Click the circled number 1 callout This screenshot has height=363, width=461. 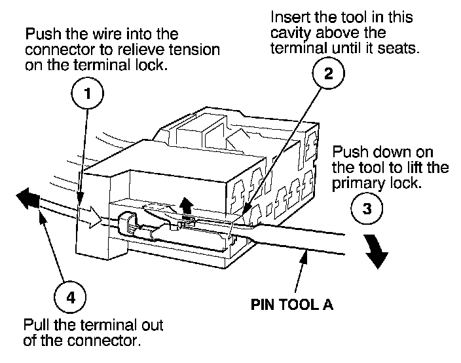87,94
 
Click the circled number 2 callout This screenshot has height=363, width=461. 328,73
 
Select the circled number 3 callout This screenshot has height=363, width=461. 367,208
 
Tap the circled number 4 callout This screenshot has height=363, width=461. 70,297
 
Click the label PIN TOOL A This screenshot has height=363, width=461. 292,305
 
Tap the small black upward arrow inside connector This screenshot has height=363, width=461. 187,206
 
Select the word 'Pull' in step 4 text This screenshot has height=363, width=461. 37,325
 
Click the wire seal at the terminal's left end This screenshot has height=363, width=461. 127,223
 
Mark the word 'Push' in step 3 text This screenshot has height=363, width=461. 350,152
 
